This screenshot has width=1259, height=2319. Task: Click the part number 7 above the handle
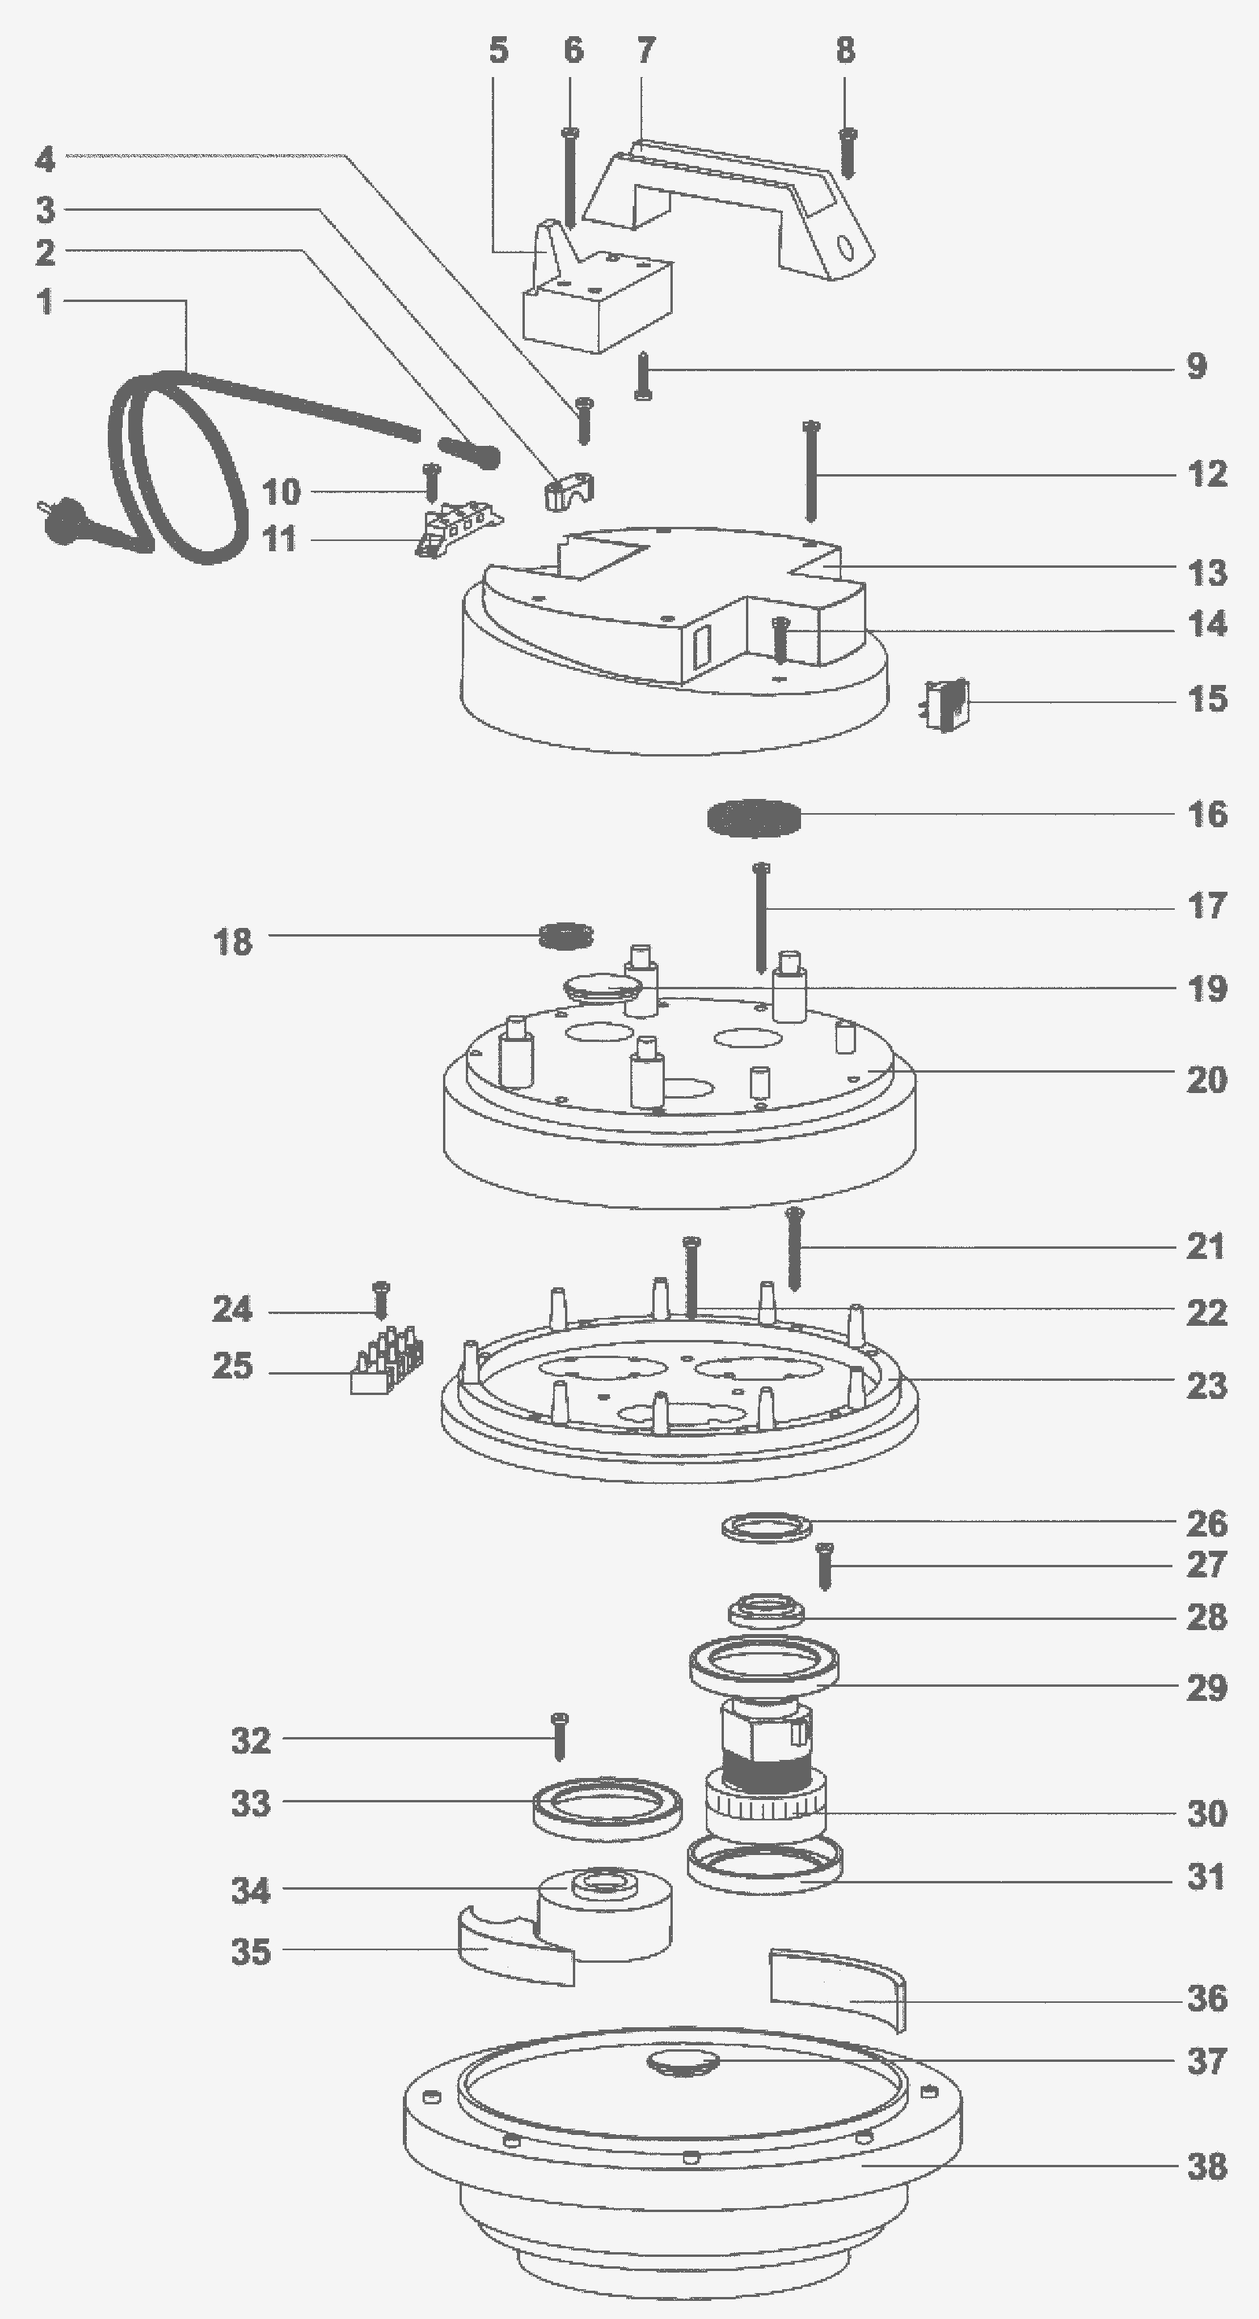pyautogui.click(x=646, y=50)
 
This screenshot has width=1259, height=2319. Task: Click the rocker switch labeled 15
pyautogui.click(x=947, y=705)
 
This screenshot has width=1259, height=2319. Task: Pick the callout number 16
pyautogui.click(x=1208, y=814)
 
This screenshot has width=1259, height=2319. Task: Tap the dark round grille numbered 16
pyautogui.click(x=754, y=817)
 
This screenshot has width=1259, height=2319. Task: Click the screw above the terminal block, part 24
pyautogui.click(x=381, y=1300)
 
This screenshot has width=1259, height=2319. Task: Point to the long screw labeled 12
pyautogui.click(x=810, y=471)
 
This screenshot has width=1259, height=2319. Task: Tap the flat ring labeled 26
pyautogui.click(x=766, y=1527)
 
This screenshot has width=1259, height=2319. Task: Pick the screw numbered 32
pyautogui.click(x=559, y=1736)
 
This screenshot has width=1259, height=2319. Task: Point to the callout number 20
pyautogui.click(x=1208, y=1080)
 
